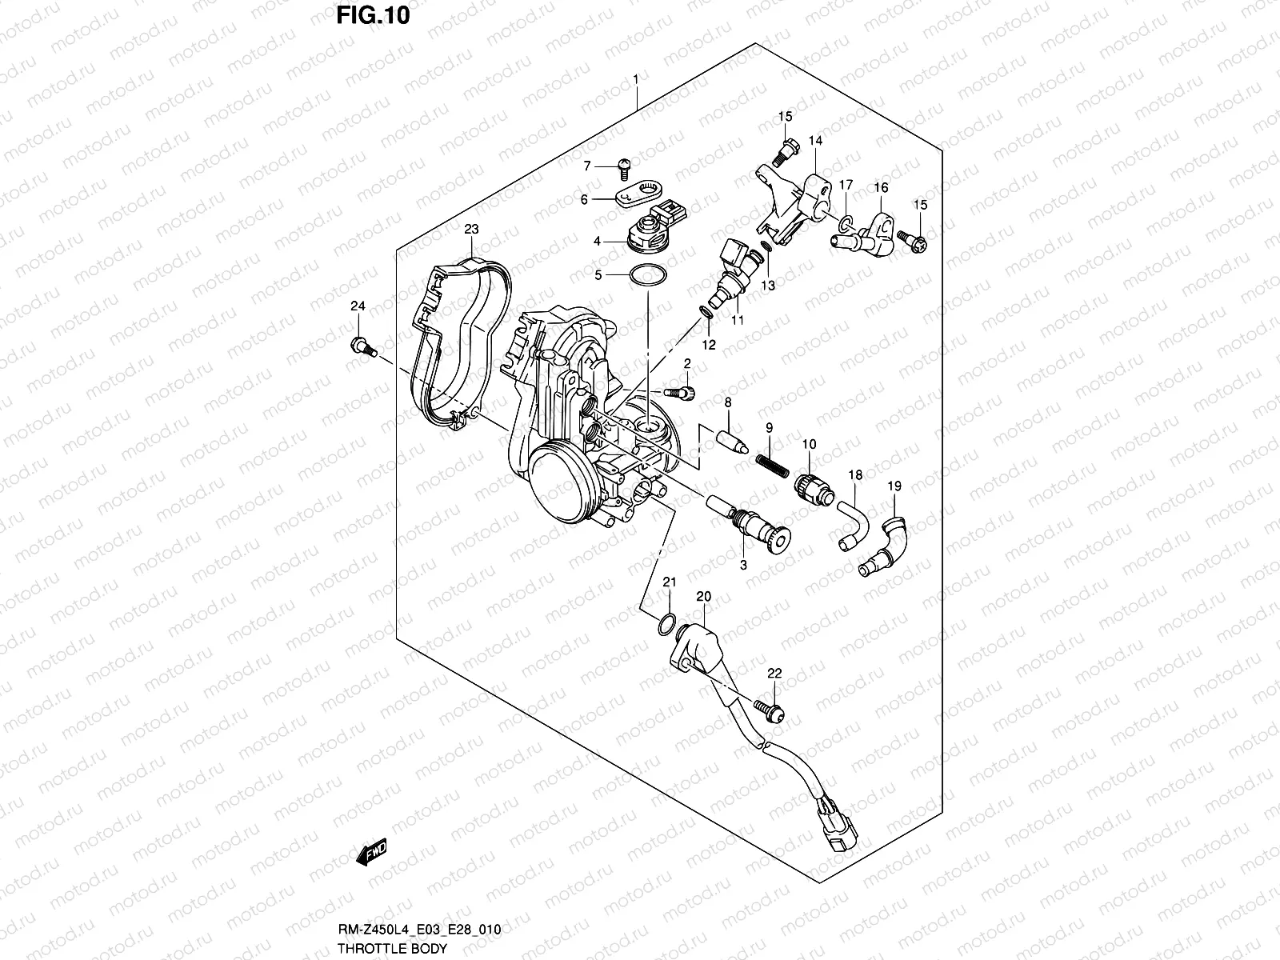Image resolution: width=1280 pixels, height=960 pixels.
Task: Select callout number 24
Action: pyautogui.click(x=358, y=306)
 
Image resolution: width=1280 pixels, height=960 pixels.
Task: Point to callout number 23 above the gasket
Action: pyautogui.click(x=471, y=230)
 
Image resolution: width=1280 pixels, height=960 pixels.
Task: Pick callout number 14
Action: pyautogui.click(x=814, y=141)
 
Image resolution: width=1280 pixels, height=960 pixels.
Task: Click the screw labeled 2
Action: pyautogui.click(x=679, y=391)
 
